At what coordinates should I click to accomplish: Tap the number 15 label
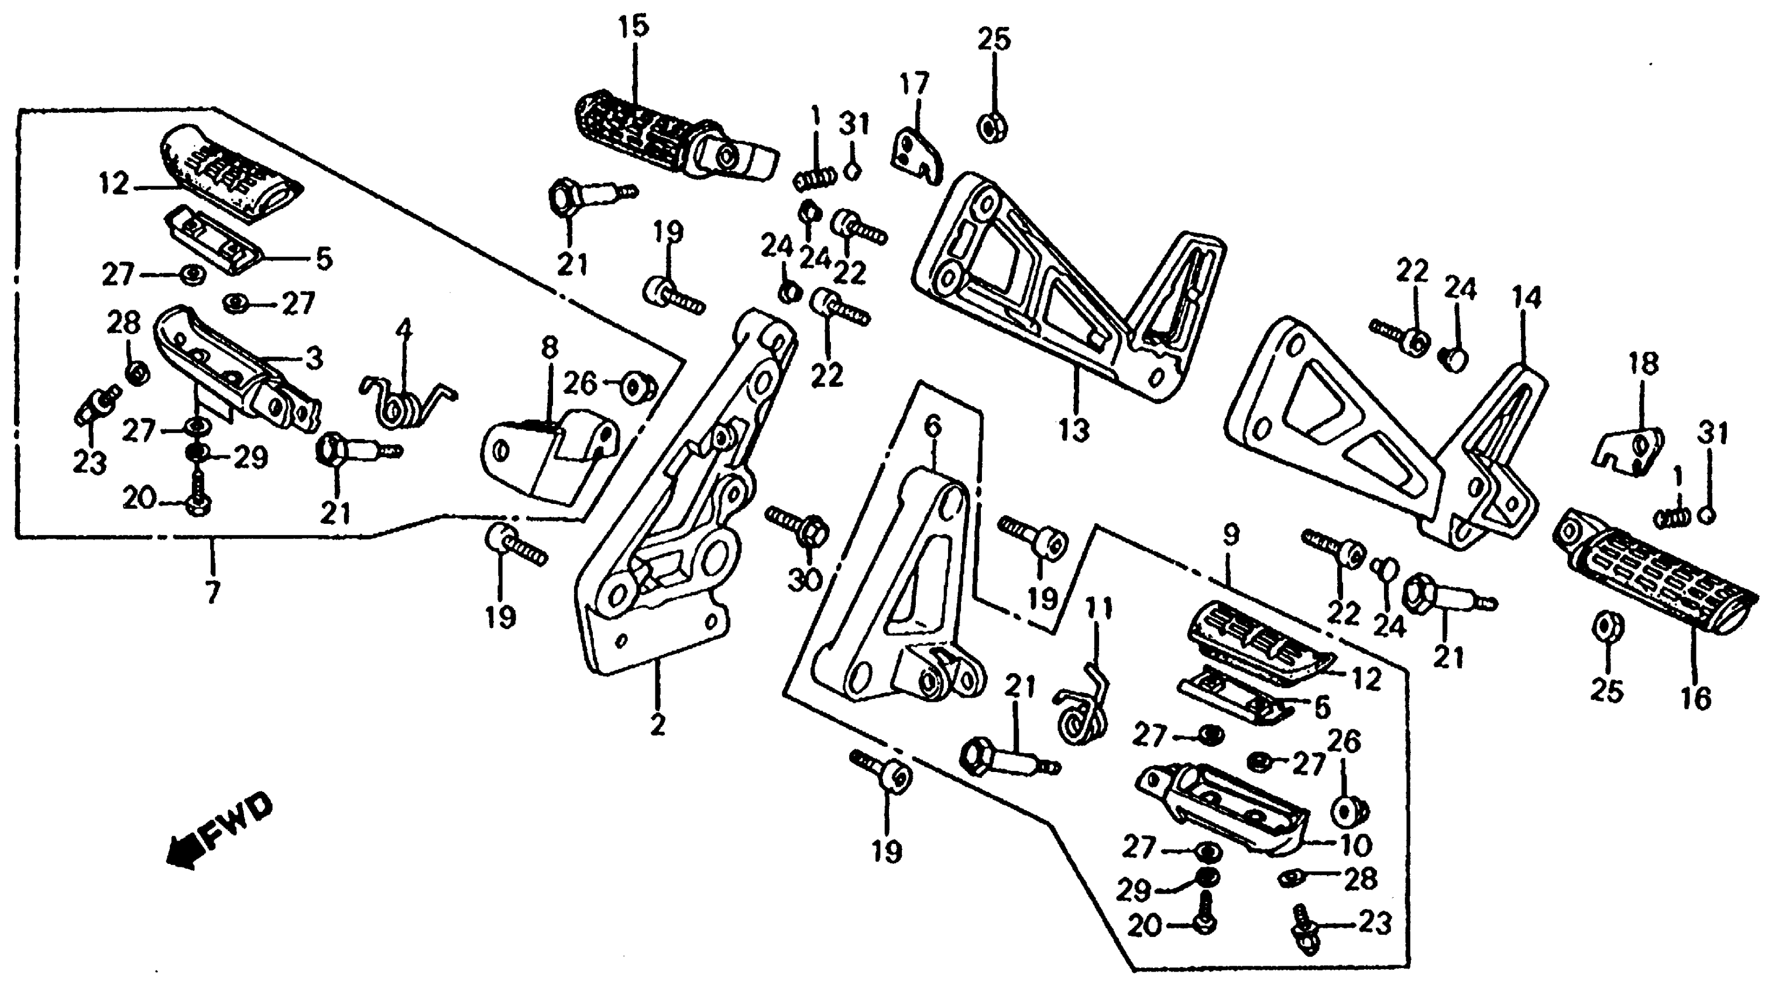click(x=632, y=27)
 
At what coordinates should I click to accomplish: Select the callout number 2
click(x=658, y=725)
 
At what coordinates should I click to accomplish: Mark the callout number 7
click(x=213, y=592)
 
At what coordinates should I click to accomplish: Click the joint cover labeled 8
click(x=550, y=461)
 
